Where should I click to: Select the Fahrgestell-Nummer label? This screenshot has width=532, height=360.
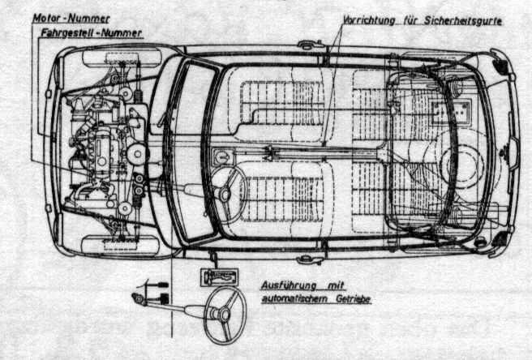91,34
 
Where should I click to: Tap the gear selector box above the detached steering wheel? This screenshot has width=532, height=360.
218,277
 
